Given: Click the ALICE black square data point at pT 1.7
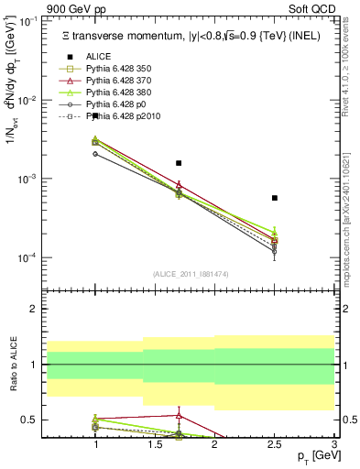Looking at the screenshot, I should pos(179,163).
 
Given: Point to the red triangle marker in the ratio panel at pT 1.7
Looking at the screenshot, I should pos(179,415).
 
